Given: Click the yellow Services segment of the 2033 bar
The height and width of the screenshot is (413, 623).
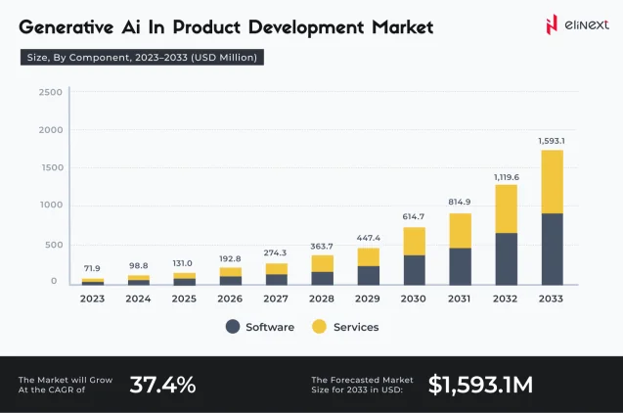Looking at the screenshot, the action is pos(552,182).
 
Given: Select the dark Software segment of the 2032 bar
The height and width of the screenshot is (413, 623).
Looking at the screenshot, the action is pos(507,258).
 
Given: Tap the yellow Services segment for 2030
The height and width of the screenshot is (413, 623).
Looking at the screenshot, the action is pos(415,242).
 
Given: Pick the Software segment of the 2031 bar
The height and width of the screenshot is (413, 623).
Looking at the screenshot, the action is pos(460,267).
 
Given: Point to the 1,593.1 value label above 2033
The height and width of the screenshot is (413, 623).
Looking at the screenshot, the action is pos(552,141).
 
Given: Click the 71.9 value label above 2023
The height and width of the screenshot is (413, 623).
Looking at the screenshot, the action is pos(92,268).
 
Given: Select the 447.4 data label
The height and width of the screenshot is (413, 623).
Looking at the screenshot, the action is pos(369,238).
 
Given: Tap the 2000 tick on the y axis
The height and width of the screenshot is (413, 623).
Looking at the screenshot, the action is pos(51,129).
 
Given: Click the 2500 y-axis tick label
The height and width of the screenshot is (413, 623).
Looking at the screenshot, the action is pos(51,92).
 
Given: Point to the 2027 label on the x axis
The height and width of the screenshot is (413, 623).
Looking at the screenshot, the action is pos(276,298).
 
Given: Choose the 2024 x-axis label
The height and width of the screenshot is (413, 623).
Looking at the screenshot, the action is pos(138,298).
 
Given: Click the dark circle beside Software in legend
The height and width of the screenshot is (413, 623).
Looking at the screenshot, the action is pos(233,327).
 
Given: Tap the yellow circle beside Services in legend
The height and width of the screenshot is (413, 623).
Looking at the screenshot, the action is pos(319,327).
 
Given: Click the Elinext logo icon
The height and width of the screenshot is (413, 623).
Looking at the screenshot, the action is pos(552,24).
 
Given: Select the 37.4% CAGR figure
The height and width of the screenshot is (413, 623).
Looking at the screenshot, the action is pos(162,385).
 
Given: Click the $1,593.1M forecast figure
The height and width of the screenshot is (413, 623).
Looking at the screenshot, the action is pos(480,385).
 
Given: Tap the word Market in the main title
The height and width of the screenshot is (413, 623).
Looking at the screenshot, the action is pos(403,27).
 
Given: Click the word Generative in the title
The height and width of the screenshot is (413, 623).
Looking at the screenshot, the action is pos(66,27).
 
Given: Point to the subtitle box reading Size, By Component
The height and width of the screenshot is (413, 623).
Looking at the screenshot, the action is pos(142,57).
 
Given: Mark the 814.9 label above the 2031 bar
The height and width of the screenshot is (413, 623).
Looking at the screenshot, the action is pos(460,202).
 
